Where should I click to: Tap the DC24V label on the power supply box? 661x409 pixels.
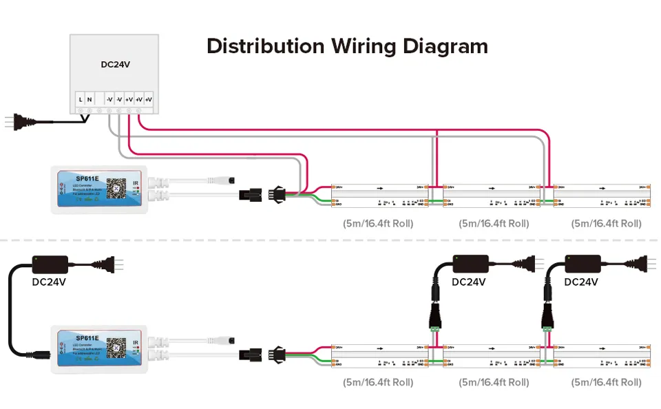point(115,65)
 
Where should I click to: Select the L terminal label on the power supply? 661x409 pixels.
point(81,100)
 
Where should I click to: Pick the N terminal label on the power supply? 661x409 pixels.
point(90,100)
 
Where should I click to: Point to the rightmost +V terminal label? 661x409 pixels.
point(148,100)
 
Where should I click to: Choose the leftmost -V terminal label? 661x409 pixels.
point(109,100)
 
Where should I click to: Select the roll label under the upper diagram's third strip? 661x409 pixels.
point(606,223)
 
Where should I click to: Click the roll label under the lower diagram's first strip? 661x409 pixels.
point(378,382)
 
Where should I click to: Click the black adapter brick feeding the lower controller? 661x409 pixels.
point(50,263)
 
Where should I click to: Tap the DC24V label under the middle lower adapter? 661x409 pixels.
point(469,282)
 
